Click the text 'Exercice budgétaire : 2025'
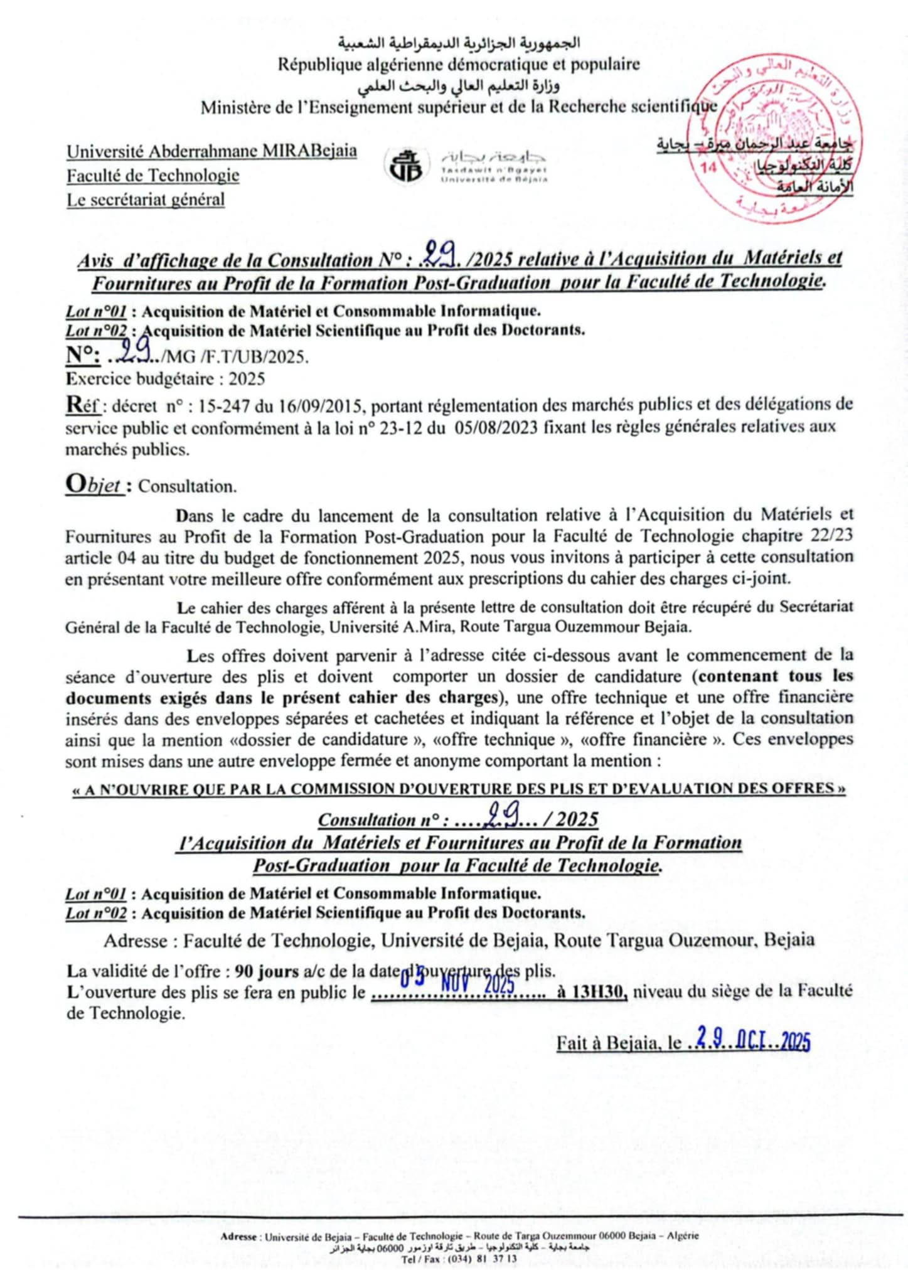[165, 379]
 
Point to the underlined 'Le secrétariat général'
[146, 200]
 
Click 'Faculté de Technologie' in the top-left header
[153, 175]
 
